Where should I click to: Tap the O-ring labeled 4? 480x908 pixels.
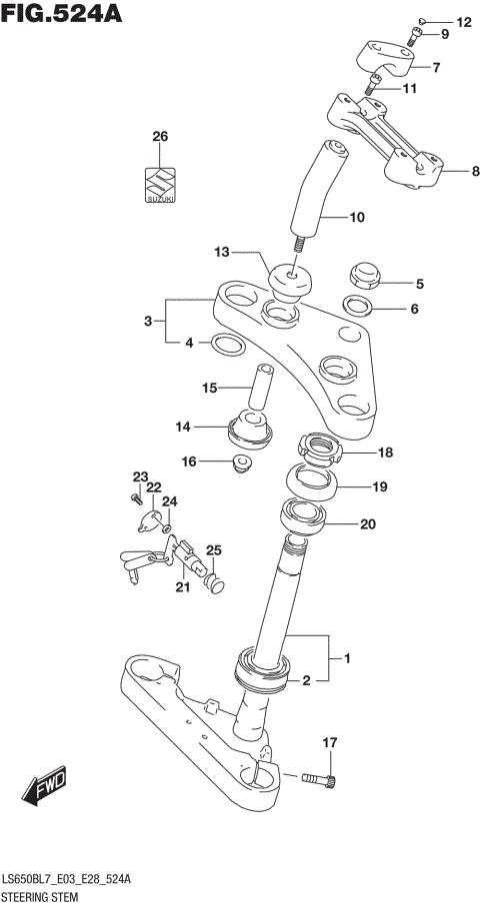[227, 346]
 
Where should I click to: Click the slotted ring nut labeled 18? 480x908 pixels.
[320, 450]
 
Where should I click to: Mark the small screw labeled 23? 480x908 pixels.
[133, 496]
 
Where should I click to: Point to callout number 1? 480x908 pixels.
[347, 658]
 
